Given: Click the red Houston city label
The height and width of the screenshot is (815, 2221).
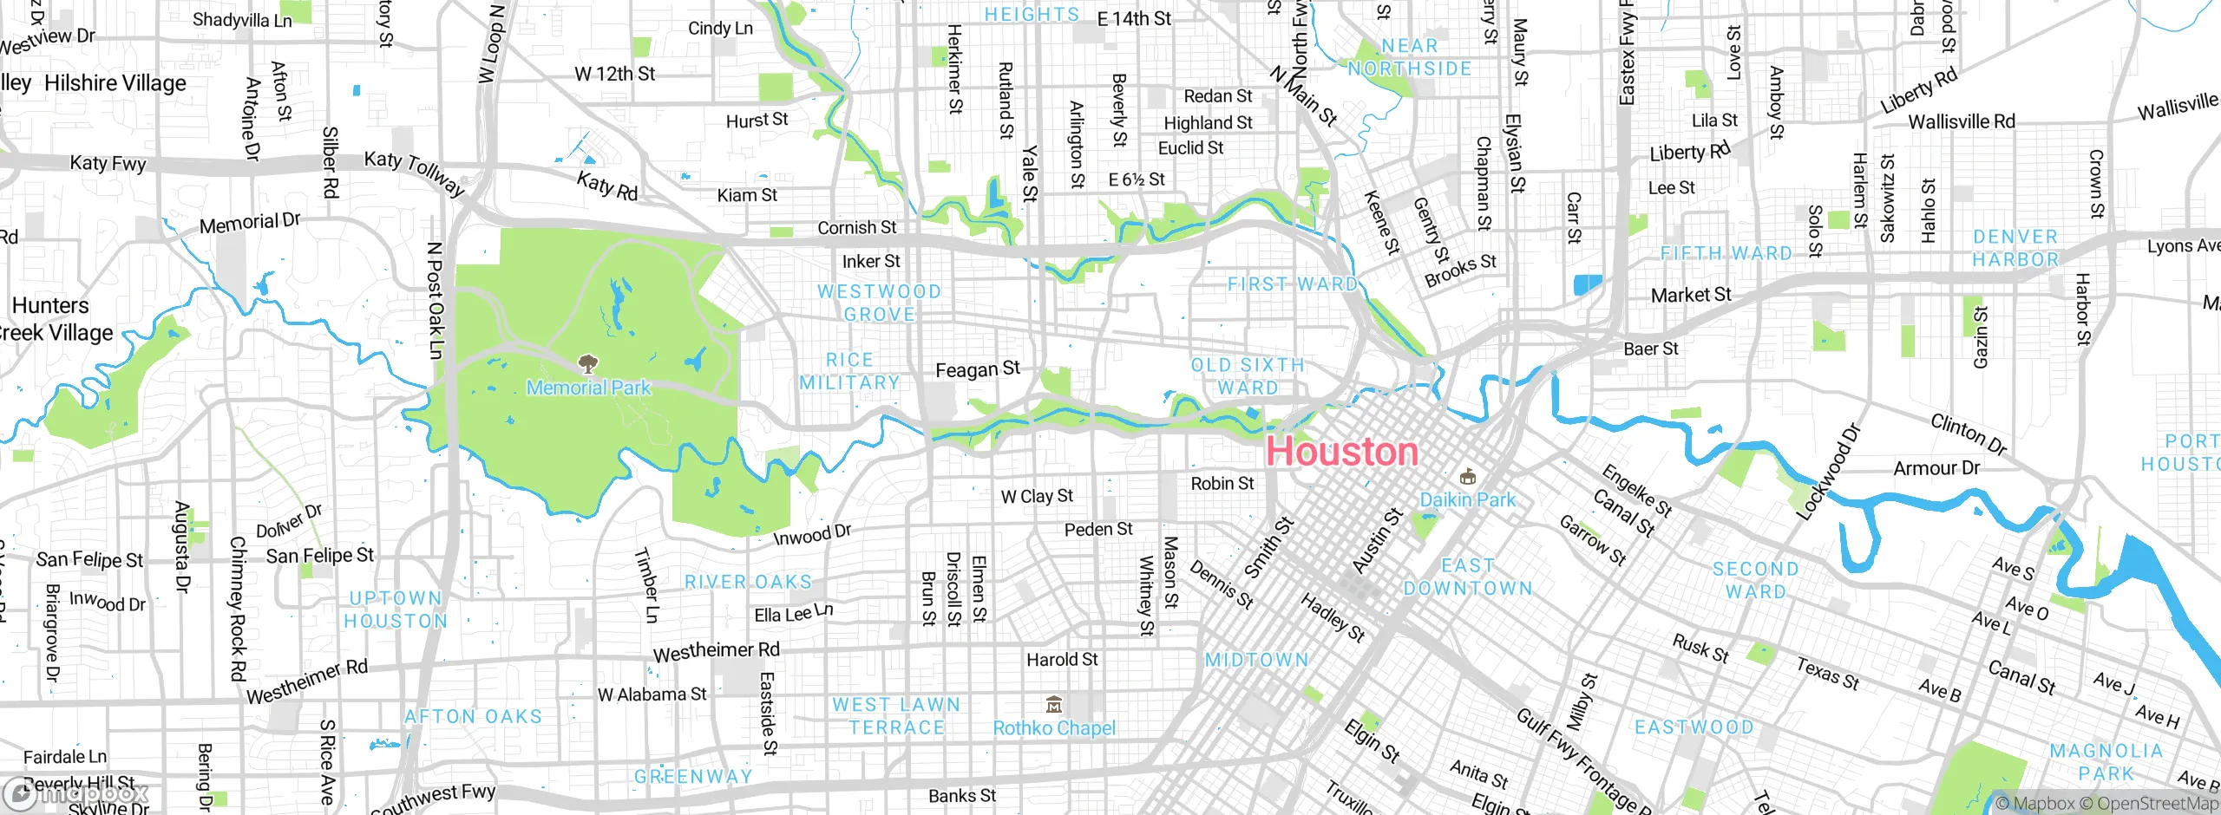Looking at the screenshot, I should click(x=1341, y=452).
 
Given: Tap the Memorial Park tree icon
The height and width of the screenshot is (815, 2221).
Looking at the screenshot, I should click(x=588, y=362).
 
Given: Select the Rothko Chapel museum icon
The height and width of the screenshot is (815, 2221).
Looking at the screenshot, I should click(x=1054, y=703).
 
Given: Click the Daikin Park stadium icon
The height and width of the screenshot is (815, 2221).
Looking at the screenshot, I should click(x=1468, y=476).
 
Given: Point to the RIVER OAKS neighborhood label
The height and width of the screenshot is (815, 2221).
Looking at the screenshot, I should click(x=749, y=582).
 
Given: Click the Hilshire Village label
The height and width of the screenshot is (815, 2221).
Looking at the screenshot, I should click(x=115, y=83).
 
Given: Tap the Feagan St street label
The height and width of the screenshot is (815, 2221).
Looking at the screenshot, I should click(x=978, y=369).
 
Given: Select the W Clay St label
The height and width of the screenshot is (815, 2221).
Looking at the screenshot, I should click(x=1037, y=496).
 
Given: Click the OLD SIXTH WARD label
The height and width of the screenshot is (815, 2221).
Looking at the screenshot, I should click(x=1248, y=376).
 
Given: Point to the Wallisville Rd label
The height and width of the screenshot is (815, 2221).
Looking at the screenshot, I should click(x=1962, y=121).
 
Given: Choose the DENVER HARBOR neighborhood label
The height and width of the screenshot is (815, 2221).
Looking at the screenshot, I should click(x=2015, y=248).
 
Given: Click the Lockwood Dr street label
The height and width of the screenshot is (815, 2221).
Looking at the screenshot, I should click(x=1829, y=472).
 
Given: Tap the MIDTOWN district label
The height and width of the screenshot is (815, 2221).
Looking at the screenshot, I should click(x=1257, y=660).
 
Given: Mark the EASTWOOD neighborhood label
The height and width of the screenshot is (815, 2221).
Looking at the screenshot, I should click(x=1694, y=727).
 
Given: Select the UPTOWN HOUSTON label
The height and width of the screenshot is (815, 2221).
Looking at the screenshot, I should click(x=396, y=610).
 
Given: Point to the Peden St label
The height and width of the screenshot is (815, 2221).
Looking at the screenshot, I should click(x=1098, y=529).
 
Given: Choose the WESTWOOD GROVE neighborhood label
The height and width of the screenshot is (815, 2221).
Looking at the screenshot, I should click(x=879, y=303).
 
